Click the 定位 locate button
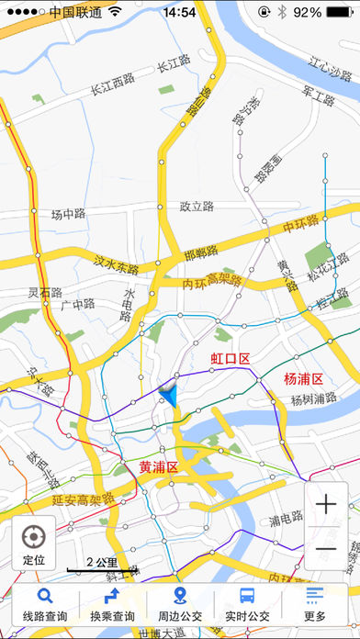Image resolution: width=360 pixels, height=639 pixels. coord(34,544)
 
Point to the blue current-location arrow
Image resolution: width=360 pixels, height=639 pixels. coord(168,395)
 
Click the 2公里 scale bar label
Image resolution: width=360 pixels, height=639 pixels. coord(101,562)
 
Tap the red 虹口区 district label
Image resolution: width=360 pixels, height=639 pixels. coord(231,358)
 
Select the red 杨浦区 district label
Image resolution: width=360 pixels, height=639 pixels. coord(303,378)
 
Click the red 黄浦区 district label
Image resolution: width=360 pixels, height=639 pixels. coord(158,467)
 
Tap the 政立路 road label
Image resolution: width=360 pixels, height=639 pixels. coord(197,207)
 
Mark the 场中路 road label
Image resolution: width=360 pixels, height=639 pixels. coord(68,215)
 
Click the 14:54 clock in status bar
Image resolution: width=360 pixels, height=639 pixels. coord(179,13)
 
